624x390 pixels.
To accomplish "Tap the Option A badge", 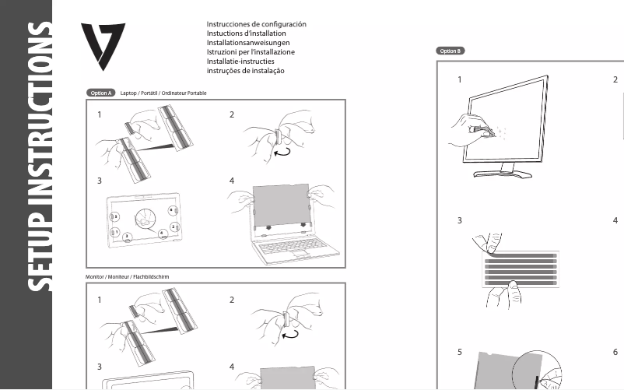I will pyautogui.click(x=100, y=93).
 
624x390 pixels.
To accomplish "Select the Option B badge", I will pyautogui.click(x=450, y=51).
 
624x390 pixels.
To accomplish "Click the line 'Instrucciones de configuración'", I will pyautogui.click(x=256, y=24).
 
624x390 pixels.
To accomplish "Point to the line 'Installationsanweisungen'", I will pyautogui.click(x=248, y=43).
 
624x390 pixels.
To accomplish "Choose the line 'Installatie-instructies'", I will pyautogui.click(x=245, y=61).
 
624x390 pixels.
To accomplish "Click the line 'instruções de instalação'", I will pyautogui.click(x=245, y=71).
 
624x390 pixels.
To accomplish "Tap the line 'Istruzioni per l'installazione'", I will pyautogui.click(x=251, y=52).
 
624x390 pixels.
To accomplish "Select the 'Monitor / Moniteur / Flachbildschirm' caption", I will pyautogui.click(x=127, y=277).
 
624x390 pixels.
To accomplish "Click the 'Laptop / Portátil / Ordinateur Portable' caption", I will pyautogui.click(x=163, y=93).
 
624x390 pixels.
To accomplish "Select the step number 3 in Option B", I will pyautogui.click(x=460, y=220).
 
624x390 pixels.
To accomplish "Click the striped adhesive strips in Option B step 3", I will pyautogui.click(x=521, y=266).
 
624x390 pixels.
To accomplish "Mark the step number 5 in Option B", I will pyautogui.click(x=460, y=352).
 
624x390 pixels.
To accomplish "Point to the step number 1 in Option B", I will pyautogui.click(x=460, y=80).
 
